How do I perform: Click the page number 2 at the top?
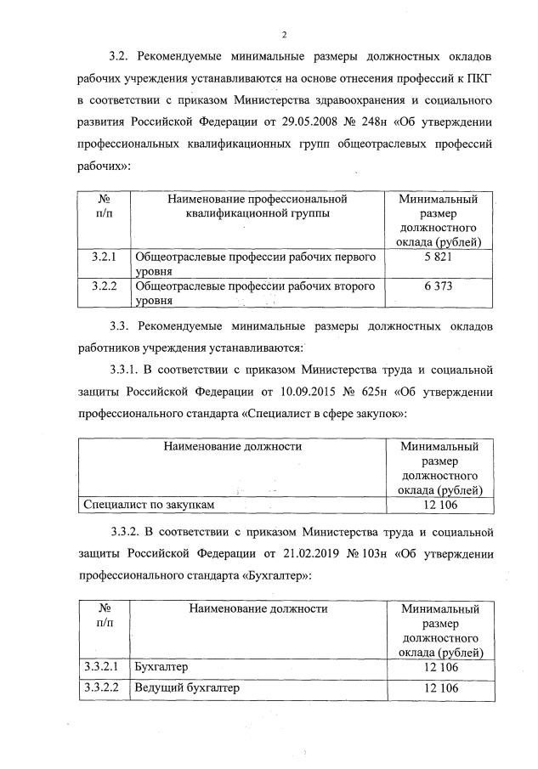[x=284, y=33]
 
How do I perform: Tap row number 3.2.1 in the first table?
[x=104, y=256]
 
